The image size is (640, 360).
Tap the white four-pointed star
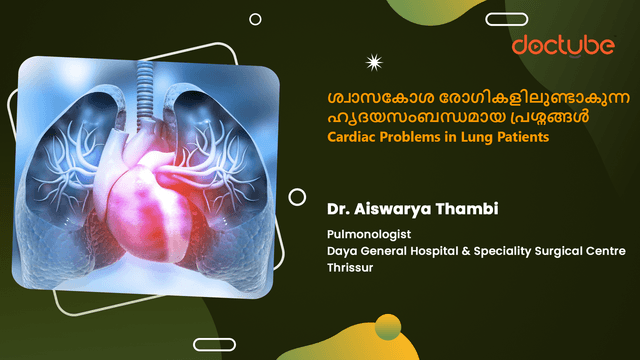[x=376, y=63]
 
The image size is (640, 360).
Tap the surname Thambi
[x=469, y=211]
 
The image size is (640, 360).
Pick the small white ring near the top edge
[x=255, y=19]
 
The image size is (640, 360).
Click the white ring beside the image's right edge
[x=297, y=197]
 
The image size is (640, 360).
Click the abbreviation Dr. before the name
[x=339, y=211]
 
